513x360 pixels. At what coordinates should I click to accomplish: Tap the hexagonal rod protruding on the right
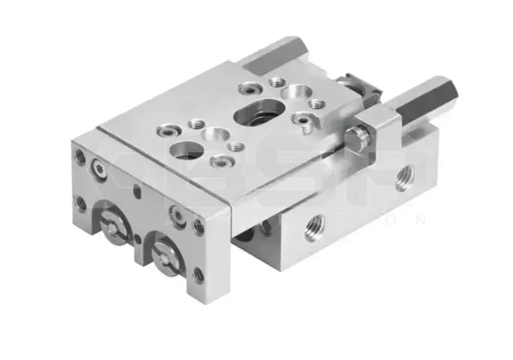click(429, 101)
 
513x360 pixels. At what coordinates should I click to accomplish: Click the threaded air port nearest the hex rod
click(404, 178)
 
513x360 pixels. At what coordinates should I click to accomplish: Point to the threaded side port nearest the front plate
click(314, 228)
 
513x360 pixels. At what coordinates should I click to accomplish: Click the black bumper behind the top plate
click(357, 86)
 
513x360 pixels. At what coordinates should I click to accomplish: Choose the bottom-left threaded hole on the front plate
click(81, 203)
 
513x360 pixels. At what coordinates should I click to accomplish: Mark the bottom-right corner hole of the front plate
click(199, 274)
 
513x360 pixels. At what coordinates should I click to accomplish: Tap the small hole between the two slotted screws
click(138, 239)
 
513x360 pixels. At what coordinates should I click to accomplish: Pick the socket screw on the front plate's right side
click(178, 216)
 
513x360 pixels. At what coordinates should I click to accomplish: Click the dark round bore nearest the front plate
click(187, 150)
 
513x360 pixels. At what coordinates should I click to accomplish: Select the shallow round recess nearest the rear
click(294, 92)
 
